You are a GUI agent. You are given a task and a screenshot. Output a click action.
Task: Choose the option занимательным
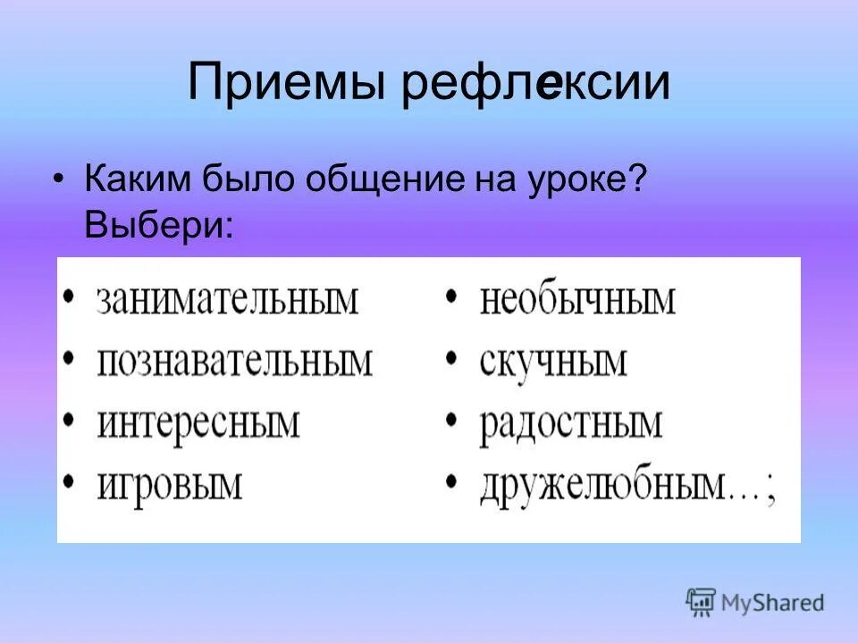(x=227, y=300)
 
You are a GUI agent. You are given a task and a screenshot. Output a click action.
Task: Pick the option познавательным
(x=234, y=363)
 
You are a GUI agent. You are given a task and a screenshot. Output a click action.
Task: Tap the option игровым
(x=170, y=486)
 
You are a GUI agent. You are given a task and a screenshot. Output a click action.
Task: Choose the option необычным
(x=577, y=300)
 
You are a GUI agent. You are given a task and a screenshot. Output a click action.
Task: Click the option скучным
(x=553, y=363)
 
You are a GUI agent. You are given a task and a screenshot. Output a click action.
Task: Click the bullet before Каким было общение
(x=58, y=177)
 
